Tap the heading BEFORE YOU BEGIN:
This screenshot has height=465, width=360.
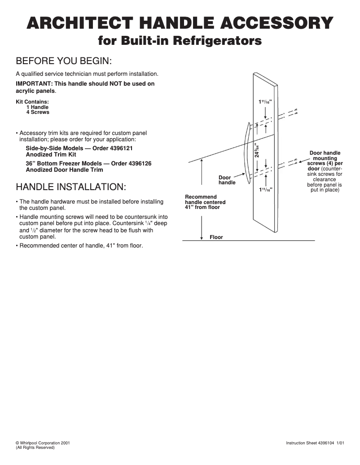pos(64,61)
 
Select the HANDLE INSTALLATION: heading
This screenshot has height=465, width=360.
pos(71,187)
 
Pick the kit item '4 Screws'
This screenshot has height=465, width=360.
pos(38,112)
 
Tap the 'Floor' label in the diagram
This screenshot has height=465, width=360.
pos(216,237)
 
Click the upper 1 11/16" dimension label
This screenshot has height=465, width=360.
pos(265,102)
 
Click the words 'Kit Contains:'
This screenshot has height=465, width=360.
pos(32,102)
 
